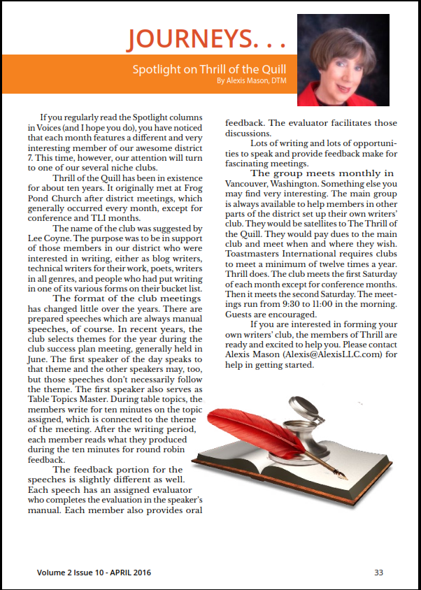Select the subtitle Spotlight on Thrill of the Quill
pos(210,69)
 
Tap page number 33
pos(378,573)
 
